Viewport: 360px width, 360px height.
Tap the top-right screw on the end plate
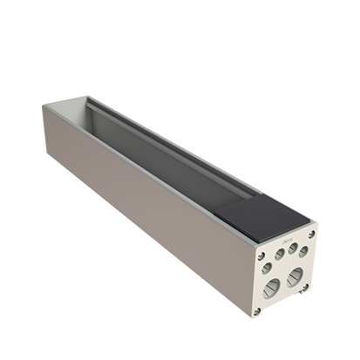pyautogui.click(x=311, y=228)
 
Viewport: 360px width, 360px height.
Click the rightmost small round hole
pyautogui.click(x=302, y=251)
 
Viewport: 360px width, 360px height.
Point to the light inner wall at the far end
pyautogui.click(x=69, y=108)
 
